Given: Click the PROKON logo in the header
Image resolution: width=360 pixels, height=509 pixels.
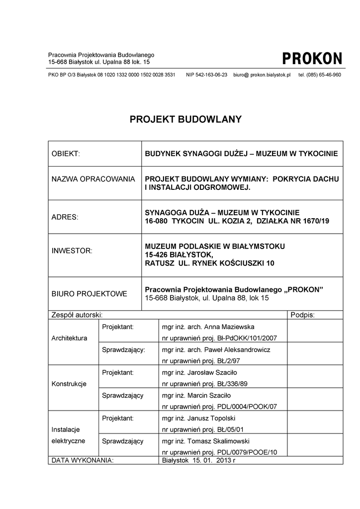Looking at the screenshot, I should pyautogui.click(x=312, y=59).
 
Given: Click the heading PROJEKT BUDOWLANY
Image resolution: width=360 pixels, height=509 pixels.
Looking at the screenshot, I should pyautogui.click(x=185, y=119).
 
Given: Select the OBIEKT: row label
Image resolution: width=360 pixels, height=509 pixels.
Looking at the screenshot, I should pyautogui.click(x=66, y=154).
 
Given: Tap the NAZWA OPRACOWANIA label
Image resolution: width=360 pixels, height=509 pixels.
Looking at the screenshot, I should pyautogui.click(x=93, y=179).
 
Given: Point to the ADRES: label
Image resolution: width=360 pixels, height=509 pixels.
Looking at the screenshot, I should pyautogui.click(x=65, y=217).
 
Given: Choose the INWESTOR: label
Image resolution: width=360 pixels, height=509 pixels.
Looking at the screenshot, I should pyautogui.click(x=72, y=251).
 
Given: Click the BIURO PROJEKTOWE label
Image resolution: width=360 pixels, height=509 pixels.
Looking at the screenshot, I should pyautogui.click(x=90, y=294).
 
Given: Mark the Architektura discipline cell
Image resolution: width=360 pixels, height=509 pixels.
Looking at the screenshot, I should pyautogui.click(x=69, y=338).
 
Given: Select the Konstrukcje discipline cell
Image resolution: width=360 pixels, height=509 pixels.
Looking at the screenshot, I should pyautogui.click(x=69, y=384).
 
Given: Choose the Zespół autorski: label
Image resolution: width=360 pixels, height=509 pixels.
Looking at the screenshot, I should pyautogui.click(x=77, y=315).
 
